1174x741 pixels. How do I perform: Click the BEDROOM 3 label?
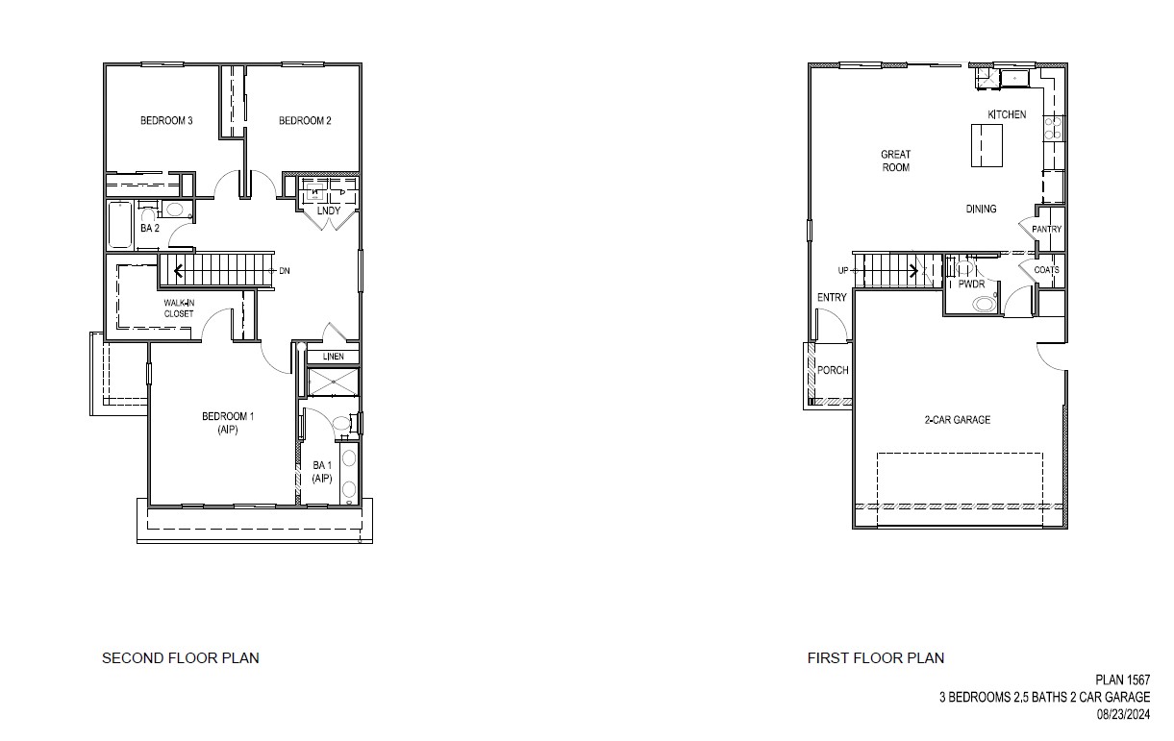click(167, 120)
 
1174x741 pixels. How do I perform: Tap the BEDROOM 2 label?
click(305, 120)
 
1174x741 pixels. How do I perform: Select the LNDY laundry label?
click(329, 210)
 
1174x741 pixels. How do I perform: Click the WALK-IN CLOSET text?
click(178, 309)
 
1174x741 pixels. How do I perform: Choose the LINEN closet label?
click(333, 357)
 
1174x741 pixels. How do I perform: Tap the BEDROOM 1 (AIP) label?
click(228, 423)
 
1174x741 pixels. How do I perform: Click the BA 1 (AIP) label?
click(322, 472)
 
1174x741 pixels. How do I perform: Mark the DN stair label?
click(285, 271)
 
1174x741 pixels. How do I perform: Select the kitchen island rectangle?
click(986, 145)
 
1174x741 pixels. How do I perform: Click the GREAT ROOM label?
click(895, 161)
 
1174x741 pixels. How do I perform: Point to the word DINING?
click(981, 209)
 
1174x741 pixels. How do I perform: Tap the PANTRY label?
click(1046, 230)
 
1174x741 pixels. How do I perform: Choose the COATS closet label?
click(1046, 270)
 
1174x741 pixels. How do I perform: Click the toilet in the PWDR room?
click(985, 305)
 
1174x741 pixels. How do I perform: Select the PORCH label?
click(833, 371)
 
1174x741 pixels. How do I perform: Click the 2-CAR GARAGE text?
click(958, 420)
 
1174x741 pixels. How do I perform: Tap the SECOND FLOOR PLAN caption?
click(181, 658)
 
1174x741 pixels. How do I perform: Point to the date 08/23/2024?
click(1123, 715)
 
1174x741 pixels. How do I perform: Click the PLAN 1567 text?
click(1122, 679)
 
